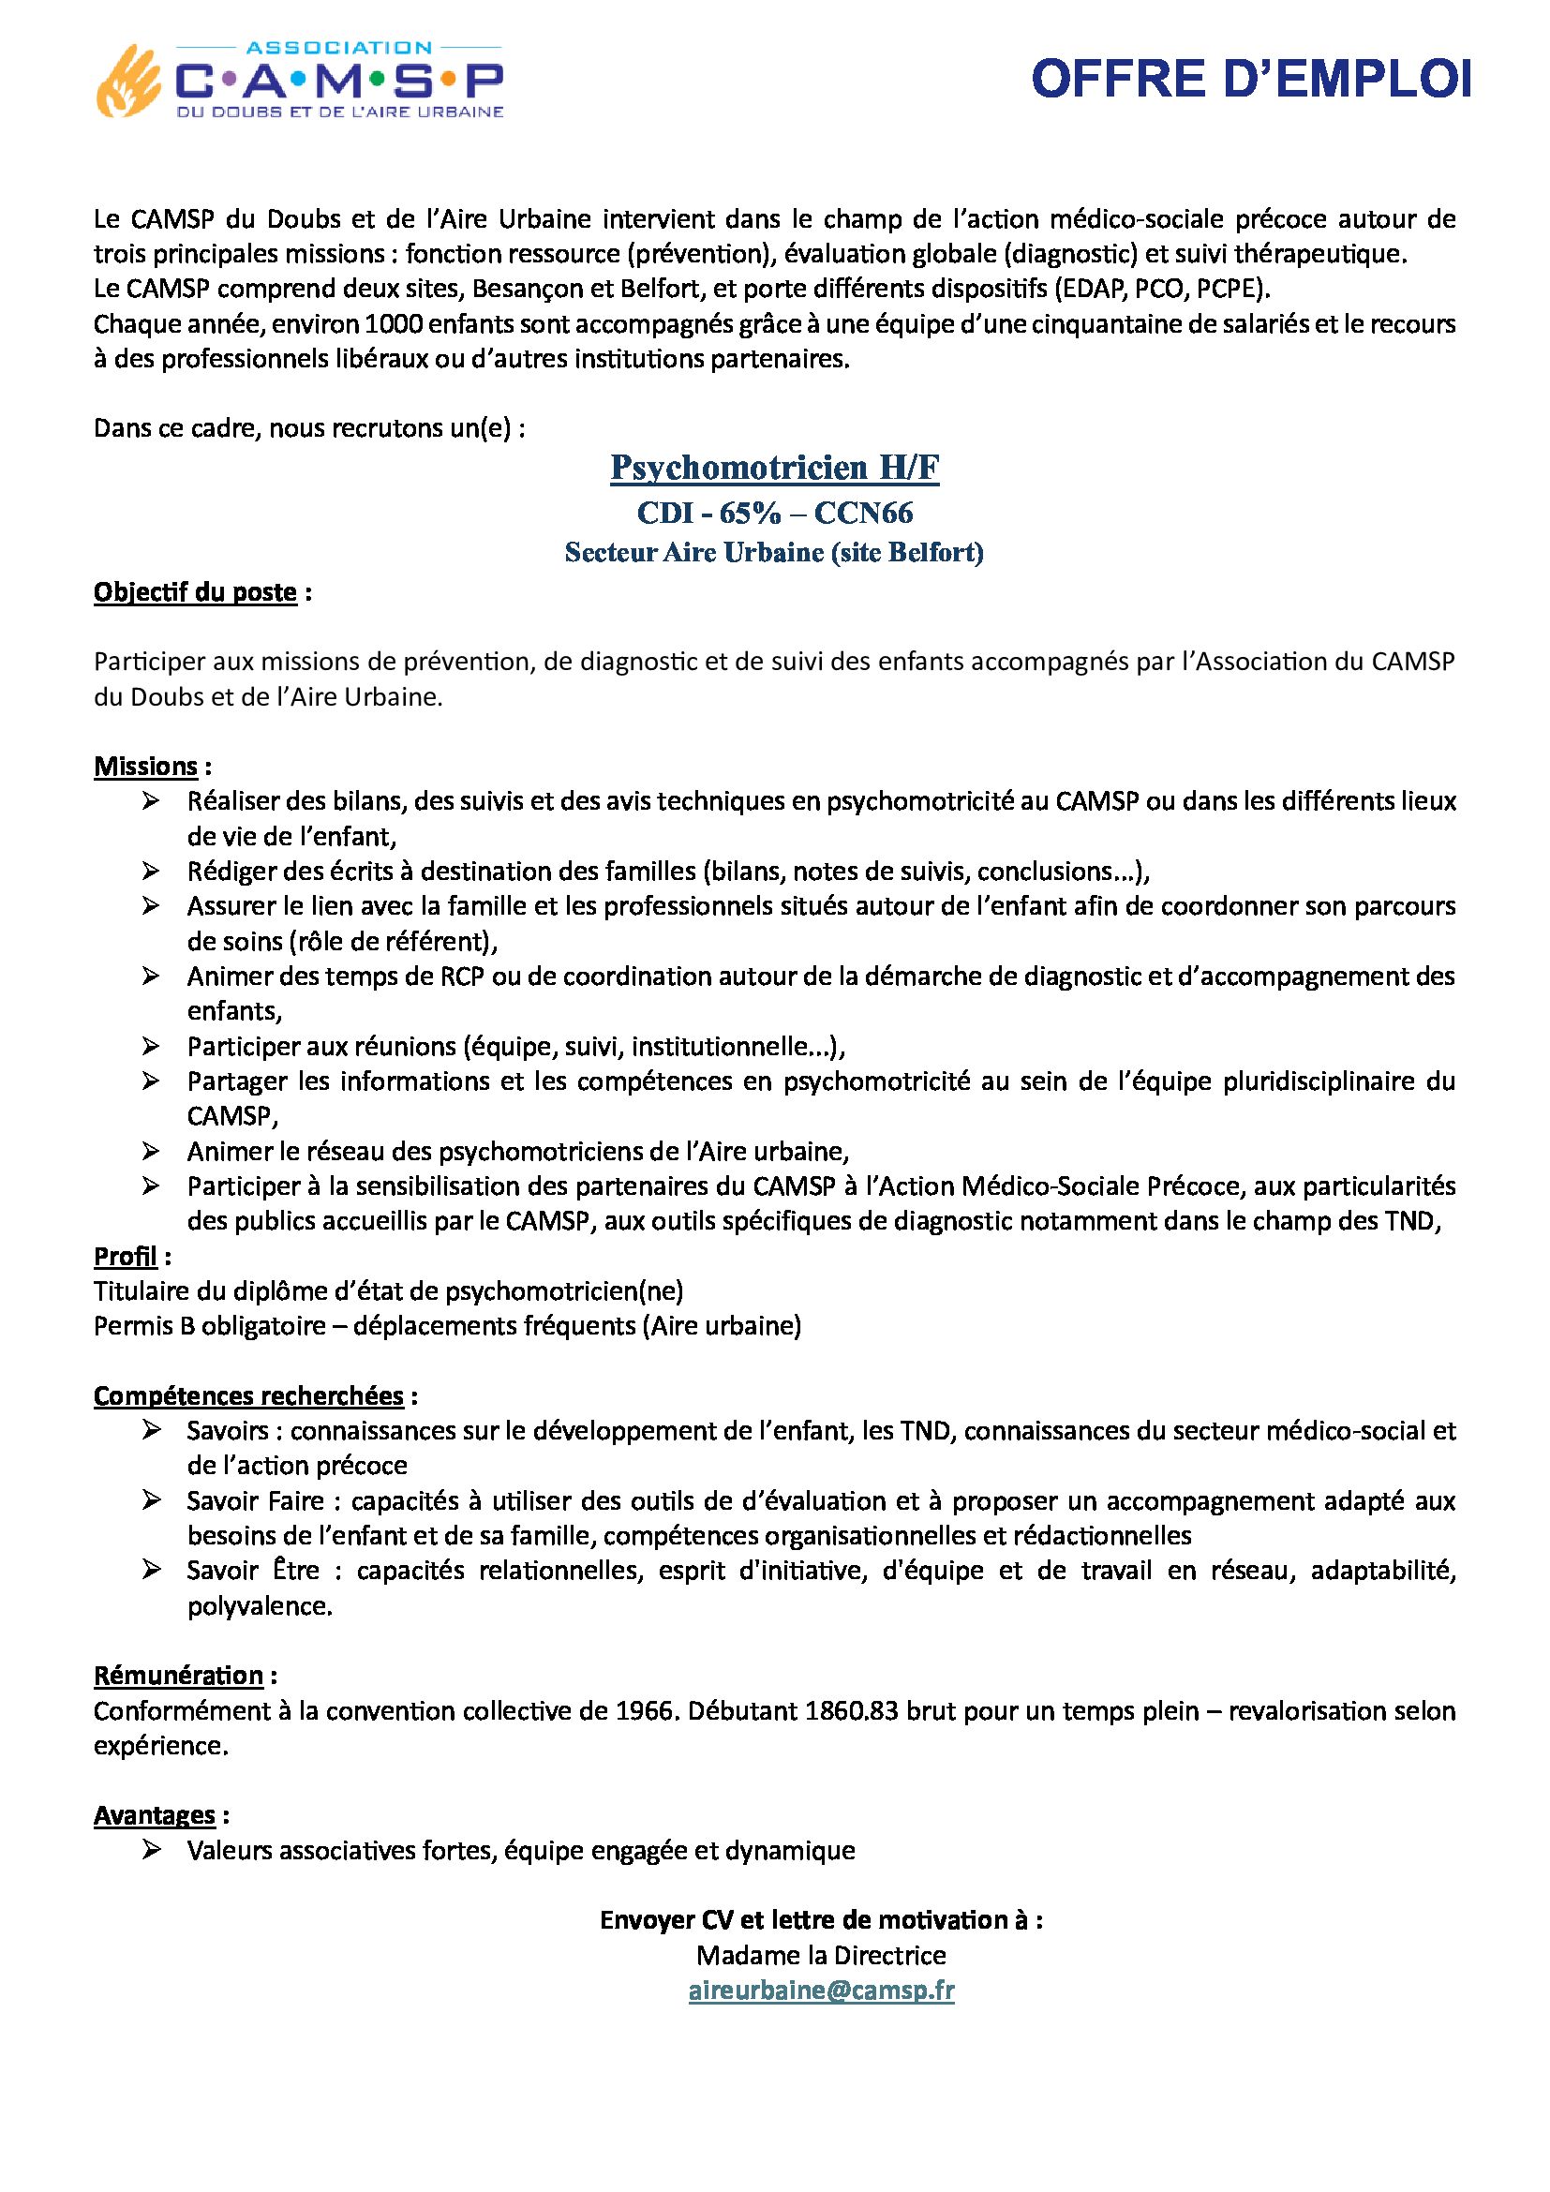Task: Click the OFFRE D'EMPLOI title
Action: pos(1250,80)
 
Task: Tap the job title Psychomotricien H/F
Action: pos(774,468)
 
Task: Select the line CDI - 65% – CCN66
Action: pos(774,514)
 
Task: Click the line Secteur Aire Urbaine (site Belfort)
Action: pos(774,553)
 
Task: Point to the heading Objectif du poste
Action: pos(196,593)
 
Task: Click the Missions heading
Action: pos(146,767)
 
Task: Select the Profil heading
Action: pos(125,1257)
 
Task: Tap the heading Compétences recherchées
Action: pos(248,1396)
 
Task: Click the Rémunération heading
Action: pos(178,1676)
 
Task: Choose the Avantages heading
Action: pos(155,1815)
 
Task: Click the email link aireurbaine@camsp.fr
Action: pos(821,1991)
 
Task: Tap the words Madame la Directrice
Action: pos(821,1955)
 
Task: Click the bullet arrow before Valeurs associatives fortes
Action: pos(151,1850)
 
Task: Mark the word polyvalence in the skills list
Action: pos(259,1607)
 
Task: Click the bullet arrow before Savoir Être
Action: pos(151,1571)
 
